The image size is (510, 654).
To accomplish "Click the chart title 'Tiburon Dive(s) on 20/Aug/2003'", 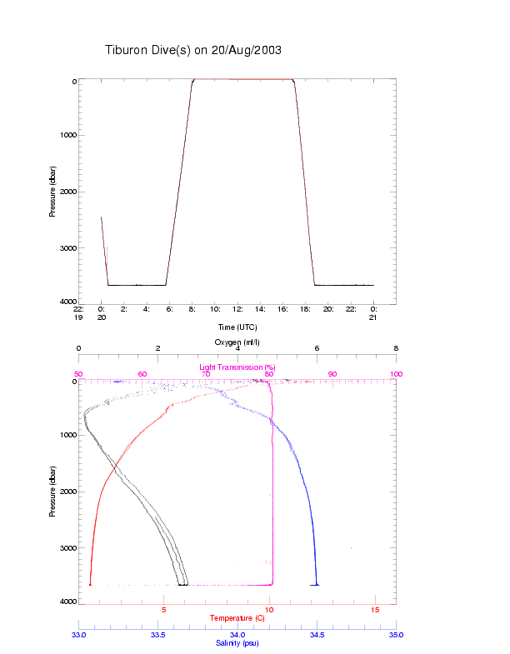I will (x=193, y=50).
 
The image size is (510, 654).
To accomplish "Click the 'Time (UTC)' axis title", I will (x=237, y=327).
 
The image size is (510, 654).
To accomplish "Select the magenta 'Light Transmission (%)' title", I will (x=237, y=367).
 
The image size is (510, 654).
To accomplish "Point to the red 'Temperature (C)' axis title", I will (x=237, y=618).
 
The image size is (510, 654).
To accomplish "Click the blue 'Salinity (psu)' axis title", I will (x=237, y=643).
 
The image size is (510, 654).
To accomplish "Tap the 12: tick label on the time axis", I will (x=238, y=309).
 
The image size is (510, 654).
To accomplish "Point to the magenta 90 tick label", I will (x=332, y=374).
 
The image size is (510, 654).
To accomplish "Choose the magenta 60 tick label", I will (x=142, y=374).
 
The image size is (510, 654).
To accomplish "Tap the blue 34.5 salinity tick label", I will (x=317, y=636).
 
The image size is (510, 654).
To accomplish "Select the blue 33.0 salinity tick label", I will (x=78, y=636).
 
